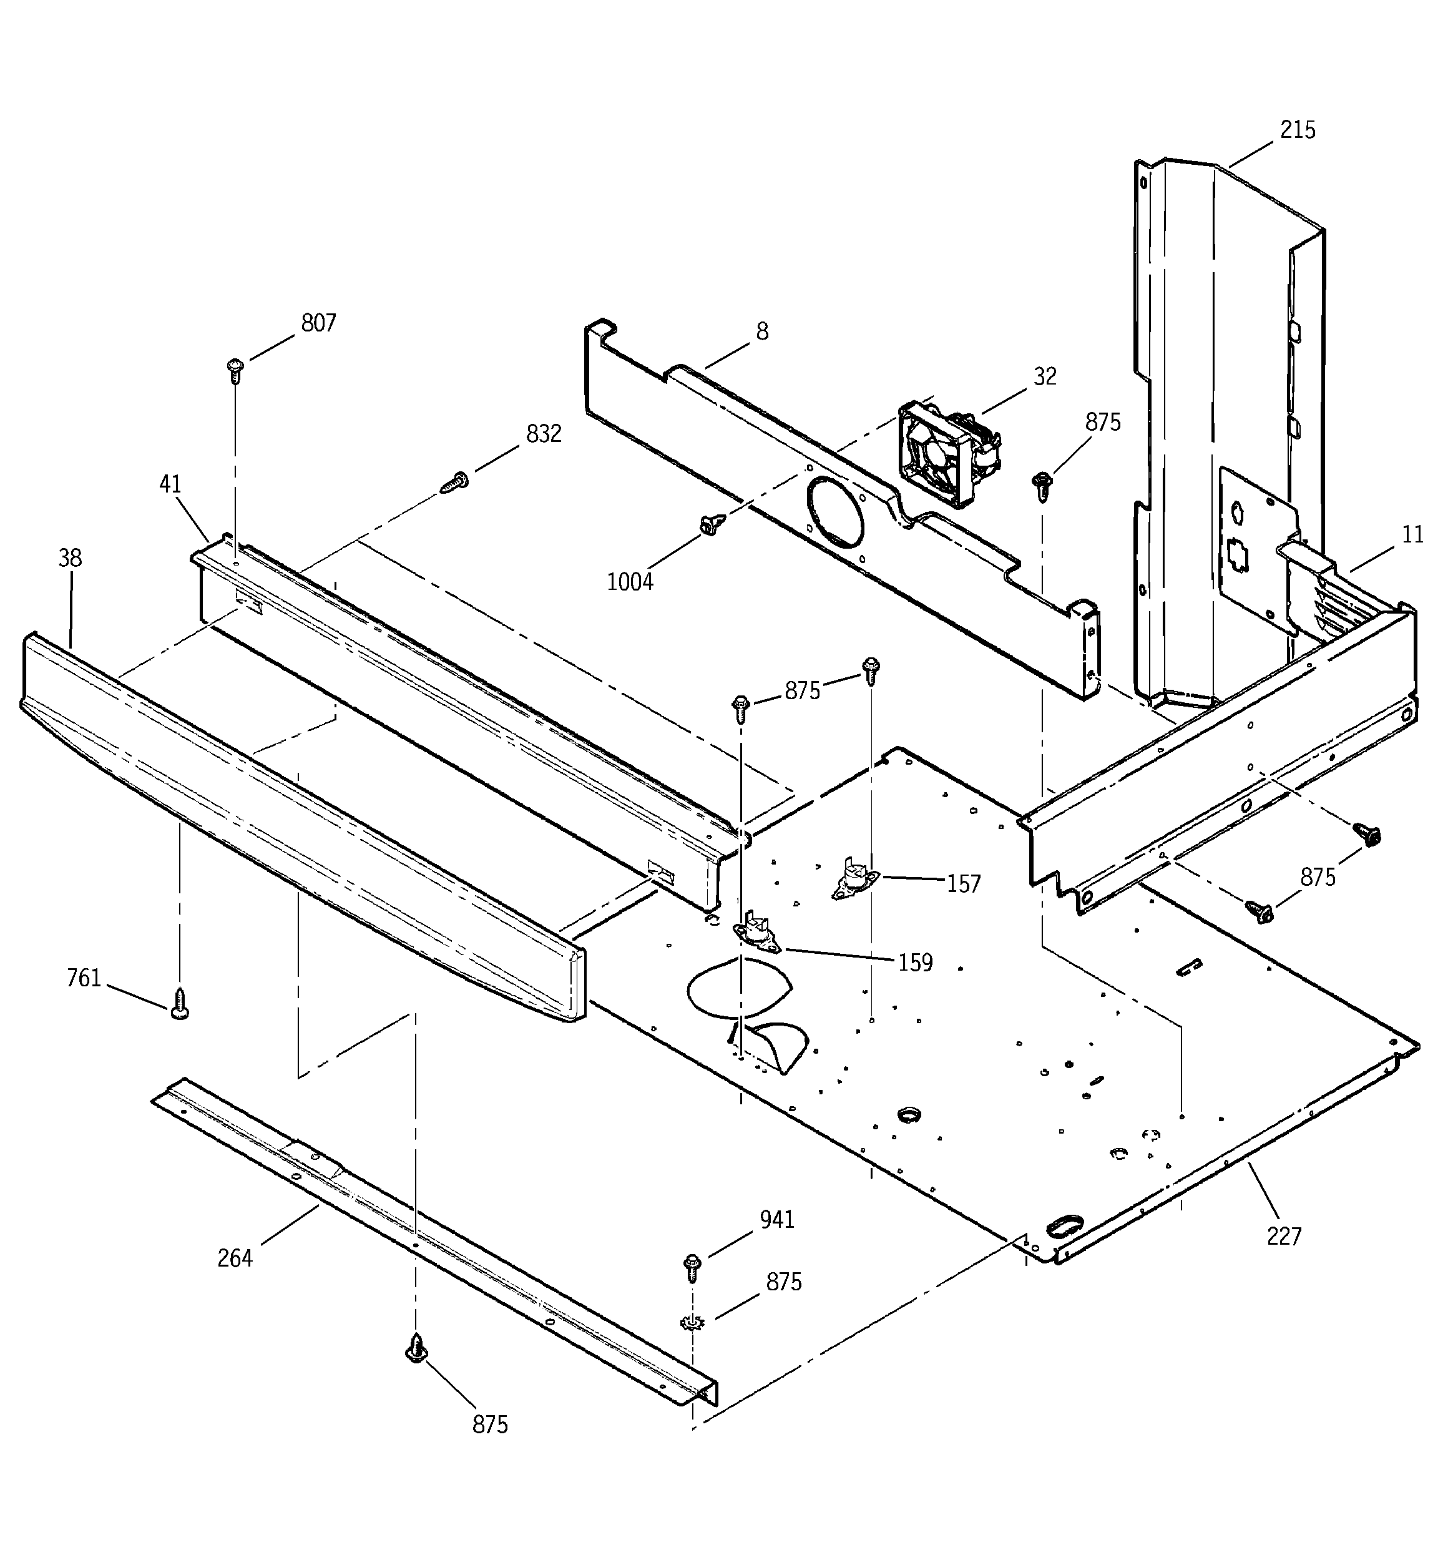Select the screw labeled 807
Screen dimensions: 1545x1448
click(x=235, y=371)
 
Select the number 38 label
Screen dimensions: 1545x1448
click(x=69, y=558)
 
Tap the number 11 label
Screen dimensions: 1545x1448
click(x=1412, y=535)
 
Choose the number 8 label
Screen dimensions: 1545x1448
click(x=761, y=332)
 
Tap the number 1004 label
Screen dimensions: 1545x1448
click(x=630, y=581)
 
